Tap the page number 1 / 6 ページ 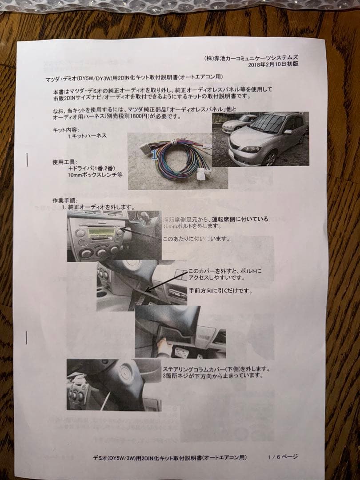(283, 456)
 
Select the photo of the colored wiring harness (178, 160)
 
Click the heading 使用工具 (65, 162)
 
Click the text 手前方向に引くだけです (220, 291)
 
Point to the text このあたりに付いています (196, 239)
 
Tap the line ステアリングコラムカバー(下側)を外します (216, 368)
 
